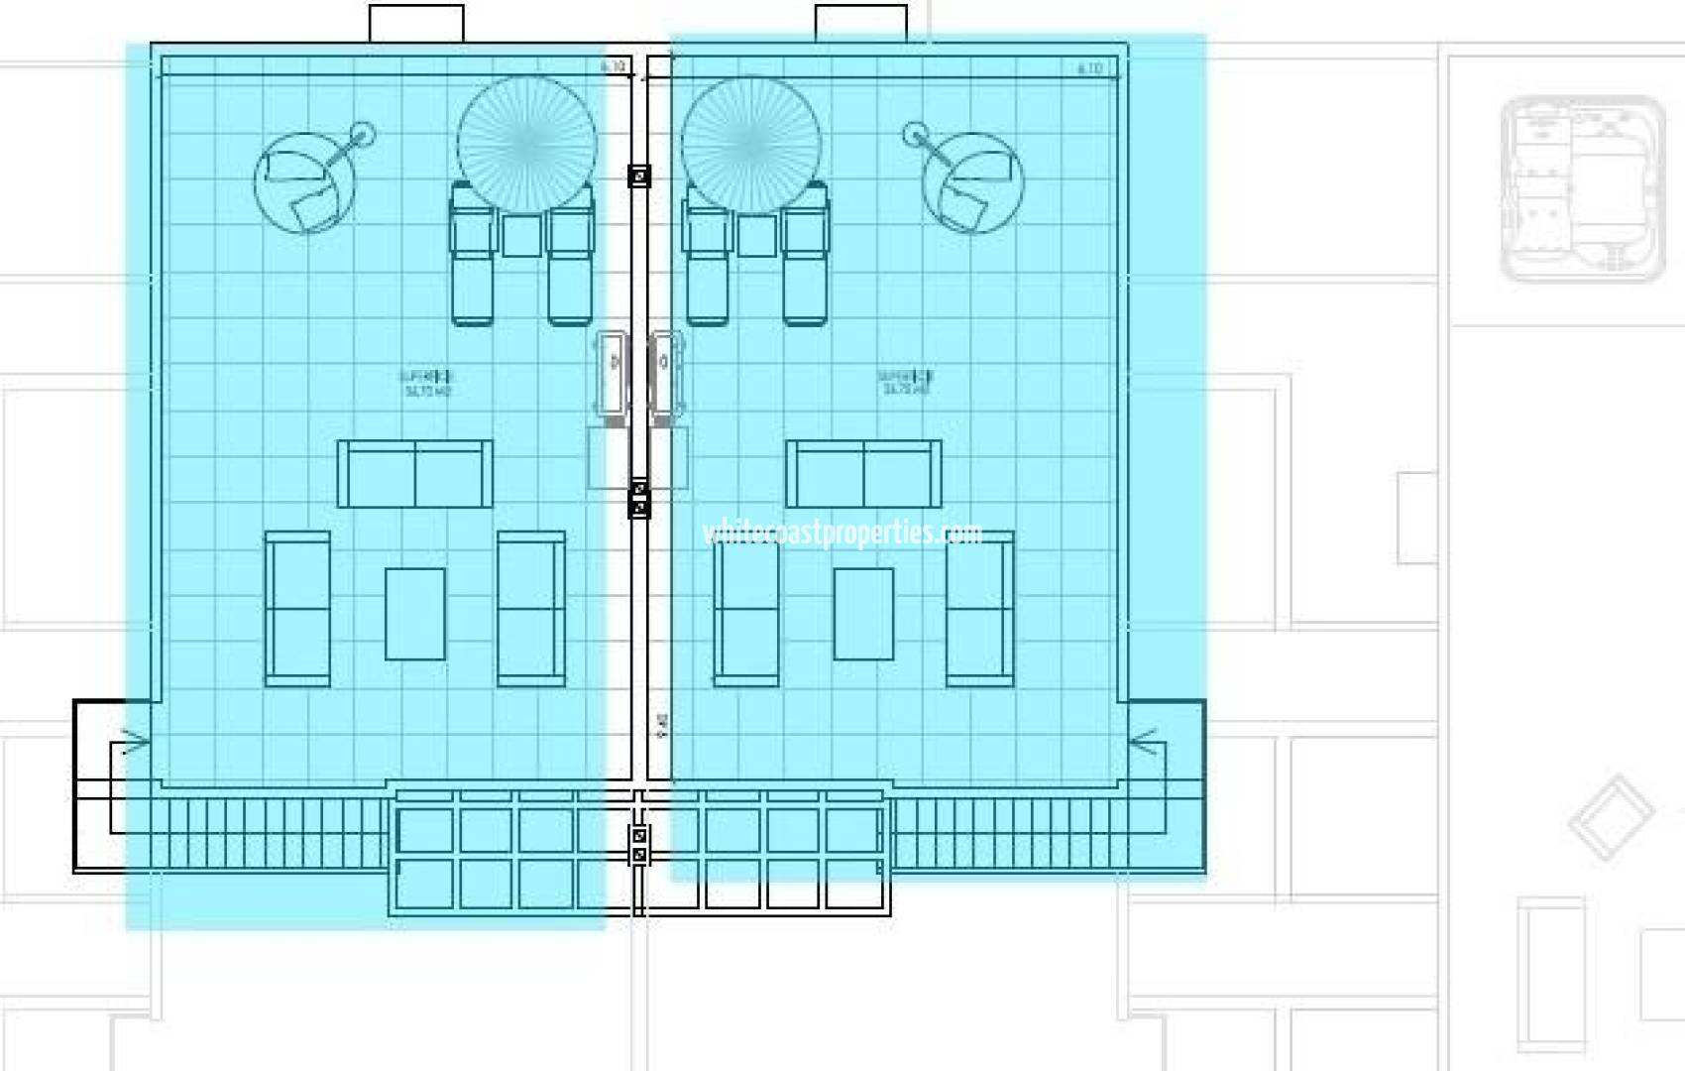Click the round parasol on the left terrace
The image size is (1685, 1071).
pos(526,144)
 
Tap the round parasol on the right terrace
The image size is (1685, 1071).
pos(751,144)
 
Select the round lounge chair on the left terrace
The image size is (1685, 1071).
pos(304,183)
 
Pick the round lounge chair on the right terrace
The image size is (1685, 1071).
pos(971,183)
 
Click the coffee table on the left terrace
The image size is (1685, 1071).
pos(414,613)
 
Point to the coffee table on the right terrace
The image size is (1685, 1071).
pos(863,613)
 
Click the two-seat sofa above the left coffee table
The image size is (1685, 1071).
pos(415,474)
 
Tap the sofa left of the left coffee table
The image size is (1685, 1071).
pos(297,609)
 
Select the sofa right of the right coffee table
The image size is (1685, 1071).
pos(979,609)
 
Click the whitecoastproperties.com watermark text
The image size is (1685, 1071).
pos(842,534)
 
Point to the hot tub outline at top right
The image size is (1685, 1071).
pos(1582,188)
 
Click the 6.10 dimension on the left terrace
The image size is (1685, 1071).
pos(614,67)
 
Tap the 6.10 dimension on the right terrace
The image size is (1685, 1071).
pos(1089,68)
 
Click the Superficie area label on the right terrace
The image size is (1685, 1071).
pos(905,383)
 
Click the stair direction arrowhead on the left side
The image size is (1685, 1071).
pos(135,740)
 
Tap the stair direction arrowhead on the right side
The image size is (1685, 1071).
pos(1144,740)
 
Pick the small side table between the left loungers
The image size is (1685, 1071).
pos(521,235)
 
